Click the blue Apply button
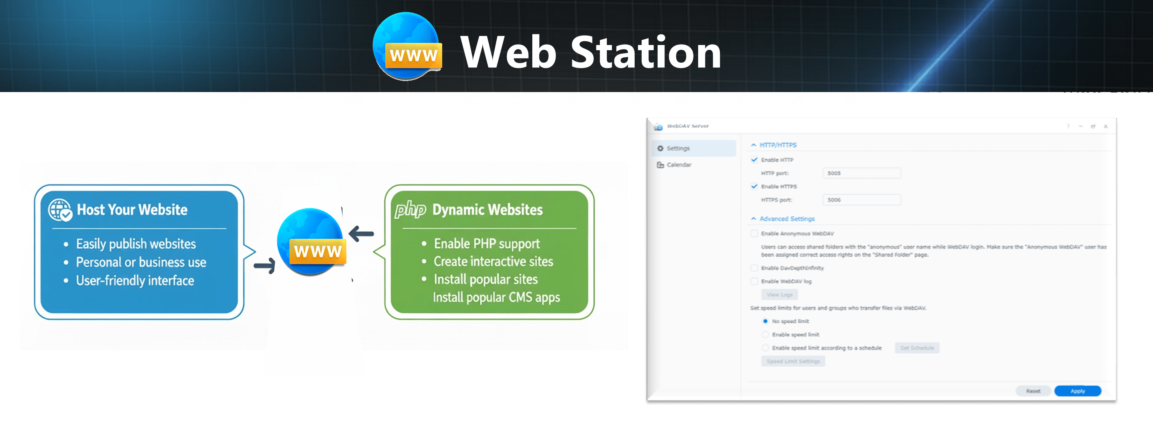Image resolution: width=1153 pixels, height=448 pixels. [1077, 391]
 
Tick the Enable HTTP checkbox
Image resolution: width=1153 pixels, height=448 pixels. [754, 160]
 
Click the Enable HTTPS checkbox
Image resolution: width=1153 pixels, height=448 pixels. [754, 187]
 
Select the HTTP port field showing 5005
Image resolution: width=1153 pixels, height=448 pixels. [861, 173]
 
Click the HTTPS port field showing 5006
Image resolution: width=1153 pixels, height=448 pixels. [861, 200]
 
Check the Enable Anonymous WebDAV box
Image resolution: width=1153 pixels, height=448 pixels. [754, 233]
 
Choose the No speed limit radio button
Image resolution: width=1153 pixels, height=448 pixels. [765, 321]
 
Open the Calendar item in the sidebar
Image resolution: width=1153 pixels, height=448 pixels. [678, 164]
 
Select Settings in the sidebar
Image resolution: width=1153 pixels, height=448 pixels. [678, 148]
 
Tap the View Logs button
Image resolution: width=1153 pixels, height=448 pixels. [779, 295]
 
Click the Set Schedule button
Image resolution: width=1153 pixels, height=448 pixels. [917, 348]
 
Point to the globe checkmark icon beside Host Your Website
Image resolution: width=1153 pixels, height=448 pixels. [60, 210]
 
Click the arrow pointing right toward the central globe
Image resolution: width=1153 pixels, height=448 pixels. [265, 266]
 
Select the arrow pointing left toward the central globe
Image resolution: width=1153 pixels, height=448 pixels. [361, 233]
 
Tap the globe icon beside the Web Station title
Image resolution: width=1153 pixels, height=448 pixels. [407, 47]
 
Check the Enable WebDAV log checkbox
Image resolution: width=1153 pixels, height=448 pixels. [754, 281]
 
